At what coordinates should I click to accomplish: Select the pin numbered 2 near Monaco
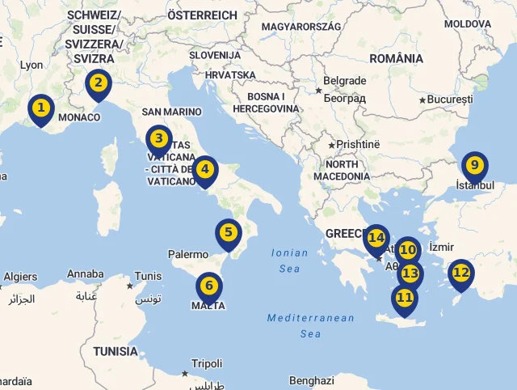[98, 83]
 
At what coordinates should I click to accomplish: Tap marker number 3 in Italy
[158, 139]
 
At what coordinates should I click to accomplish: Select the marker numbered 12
[461, 273]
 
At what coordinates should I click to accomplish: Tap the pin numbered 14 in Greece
[376, 239]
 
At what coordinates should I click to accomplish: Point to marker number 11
[405, 298]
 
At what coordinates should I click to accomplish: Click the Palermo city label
[188, 254]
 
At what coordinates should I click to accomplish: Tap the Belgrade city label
[344, 81]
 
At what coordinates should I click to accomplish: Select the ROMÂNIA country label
[396, 58]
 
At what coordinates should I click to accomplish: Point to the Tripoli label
[206, 364]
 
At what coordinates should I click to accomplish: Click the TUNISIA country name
[116, 351]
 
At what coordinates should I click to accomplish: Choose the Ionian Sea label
[289, 260]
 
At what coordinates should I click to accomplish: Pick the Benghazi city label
[312, 380]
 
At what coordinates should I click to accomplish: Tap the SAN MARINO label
[171, 112]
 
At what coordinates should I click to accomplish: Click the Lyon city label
[31, 65]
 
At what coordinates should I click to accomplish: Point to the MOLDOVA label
[467, 24]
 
